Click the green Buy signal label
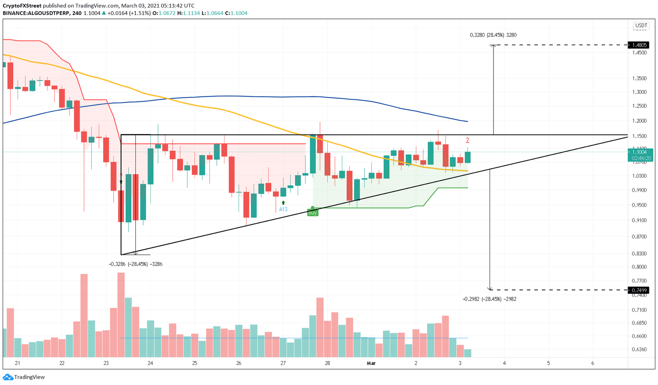pos(313,213)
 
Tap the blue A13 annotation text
pos(283,209)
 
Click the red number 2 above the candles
pos(467,140)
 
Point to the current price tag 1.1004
pos(640,152)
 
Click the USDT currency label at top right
pos(641,26)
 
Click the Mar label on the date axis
pos(371,363)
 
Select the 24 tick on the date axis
pos(150,363)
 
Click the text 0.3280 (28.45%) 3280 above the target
pos(493,35)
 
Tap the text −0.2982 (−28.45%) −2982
pos(490,299)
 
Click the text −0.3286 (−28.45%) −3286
pos(136,264)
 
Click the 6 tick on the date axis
pos(592,363)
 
